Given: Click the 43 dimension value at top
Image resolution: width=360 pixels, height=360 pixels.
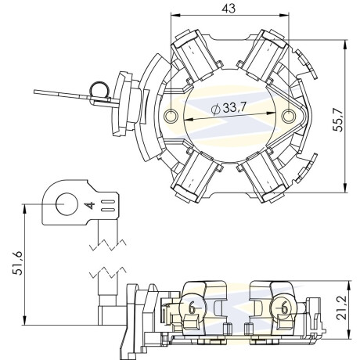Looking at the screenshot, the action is point(229,9).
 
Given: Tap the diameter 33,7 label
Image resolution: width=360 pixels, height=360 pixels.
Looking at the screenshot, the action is point(229,108).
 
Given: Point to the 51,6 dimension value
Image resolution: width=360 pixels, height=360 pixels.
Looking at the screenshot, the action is point(18,263).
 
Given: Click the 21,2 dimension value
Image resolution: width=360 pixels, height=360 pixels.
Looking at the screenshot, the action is point(341,308).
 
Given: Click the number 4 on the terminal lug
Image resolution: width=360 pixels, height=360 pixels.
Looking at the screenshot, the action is point(90,205).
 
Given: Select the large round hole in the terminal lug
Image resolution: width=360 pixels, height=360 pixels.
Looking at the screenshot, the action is point(67,204).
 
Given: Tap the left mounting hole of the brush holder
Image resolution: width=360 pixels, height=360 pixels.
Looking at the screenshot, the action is point(171,116).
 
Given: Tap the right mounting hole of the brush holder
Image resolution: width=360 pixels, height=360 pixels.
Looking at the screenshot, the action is point(289,116).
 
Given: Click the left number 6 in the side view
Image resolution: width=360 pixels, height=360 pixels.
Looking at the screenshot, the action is point(193,308).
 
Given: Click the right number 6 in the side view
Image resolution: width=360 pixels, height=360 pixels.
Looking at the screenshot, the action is point(284,308).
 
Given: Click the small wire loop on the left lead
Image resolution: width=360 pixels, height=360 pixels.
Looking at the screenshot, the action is point(99,90).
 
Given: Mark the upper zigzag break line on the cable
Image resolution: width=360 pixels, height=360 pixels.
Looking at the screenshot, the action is point(107,245).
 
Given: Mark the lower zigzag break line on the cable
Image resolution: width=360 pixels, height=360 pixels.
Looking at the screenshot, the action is point(107,273).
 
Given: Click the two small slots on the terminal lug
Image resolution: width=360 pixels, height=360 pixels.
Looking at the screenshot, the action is point(108,206).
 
